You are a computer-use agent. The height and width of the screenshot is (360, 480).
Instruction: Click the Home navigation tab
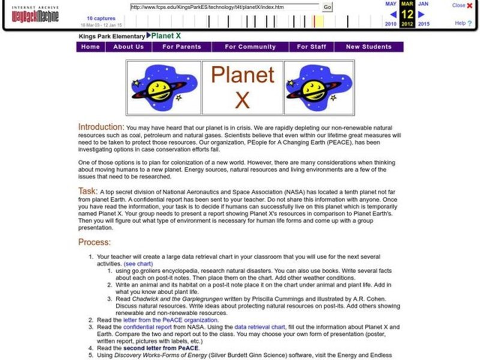91,47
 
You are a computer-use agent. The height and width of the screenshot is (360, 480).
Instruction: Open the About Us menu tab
128,47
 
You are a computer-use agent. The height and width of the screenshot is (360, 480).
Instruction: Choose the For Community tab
250,47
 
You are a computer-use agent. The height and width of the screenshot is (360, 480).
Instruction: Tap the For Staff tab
311,47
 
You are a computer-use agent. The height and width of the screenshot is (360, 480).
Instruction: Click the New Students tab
368,47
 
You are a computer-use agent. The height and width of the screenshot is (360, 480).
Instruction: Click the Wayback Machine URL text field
224,7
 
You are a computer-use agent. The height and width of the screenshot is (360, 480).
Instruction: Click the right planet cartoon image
318,88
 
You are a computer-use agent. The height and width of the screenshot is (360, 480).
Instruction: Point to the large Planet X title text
242,88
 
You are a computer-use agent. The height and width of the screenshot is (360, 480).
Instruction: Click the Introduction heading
101,127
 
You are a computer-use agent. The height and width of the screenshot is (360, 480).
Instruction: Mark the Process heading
94,242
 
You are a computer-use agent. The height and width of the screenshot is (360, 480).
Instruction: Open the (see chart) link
138,264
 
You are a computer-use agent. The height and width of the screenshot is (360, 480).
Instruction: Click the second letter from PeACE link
161,348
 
